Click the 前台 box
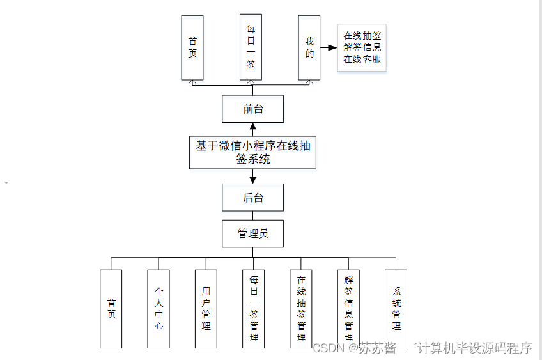(252, 109)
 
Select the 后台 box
(252, 198)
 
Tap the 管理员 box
(252, 233)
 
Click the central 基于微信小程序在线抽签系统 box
(252, 152)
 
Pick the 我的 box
(309, 48)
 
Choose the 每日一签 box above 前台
(251, 48)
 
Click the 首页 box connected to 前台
(192, 48)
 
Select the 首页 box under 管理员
(111, 308)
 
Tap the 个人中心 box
(159, 308)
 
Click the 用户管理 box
(206, 308)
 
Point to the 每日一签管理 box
(254, 308)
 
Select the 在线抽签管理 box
(301, 308)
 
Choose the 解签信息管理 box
(348, 308)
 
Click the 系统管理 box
(396, 308)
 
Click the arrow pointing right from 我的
(329, 48)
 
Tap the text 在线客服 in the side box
(362, 59)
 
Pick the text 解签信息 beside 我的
(362, 47)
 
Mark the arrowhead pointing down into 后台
(252, 180)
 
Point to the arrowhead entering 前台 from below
(252, 127)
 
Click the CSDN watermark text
(329, 348)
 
